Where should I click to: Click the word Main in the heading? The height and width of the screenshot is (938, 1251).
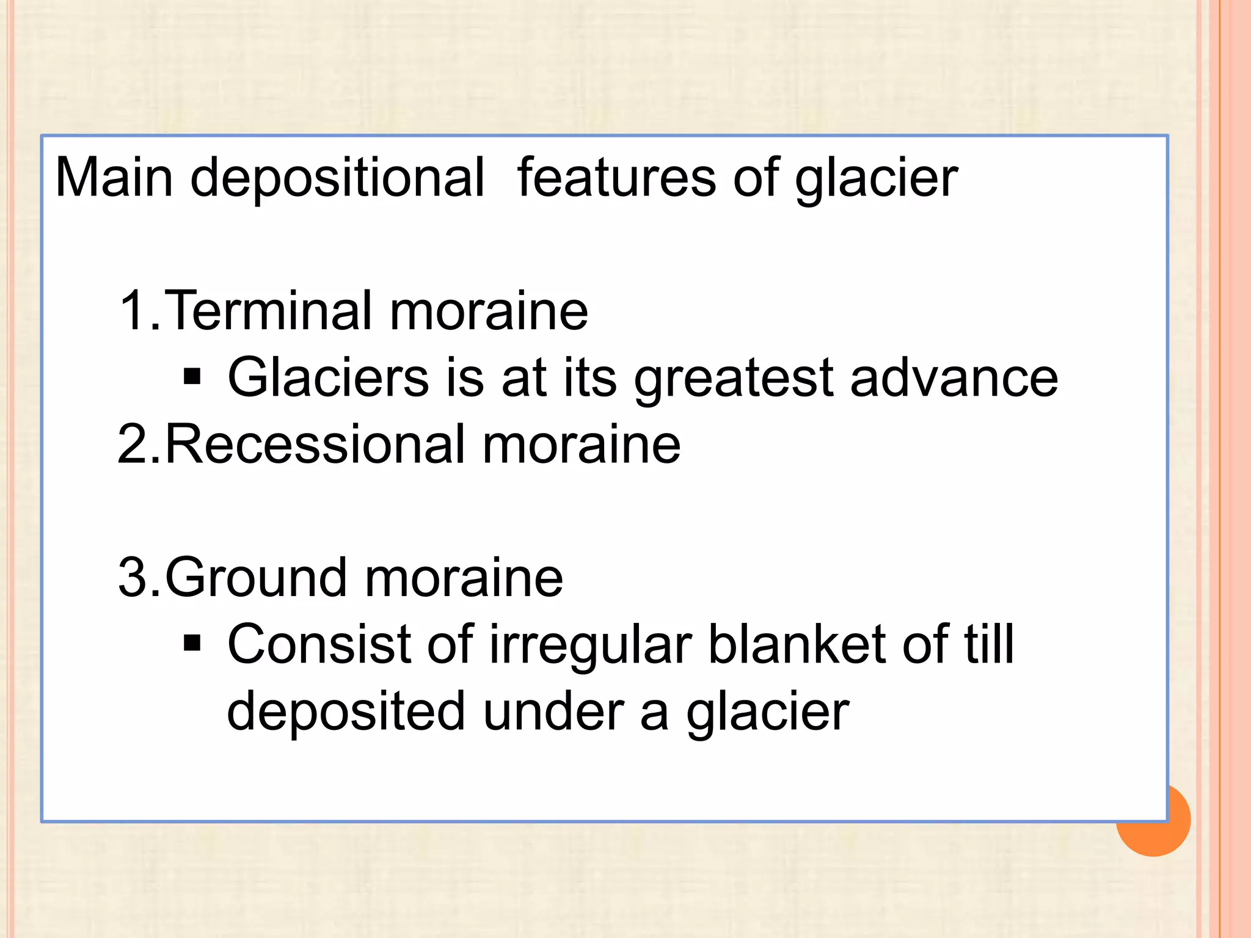tap(114, 178)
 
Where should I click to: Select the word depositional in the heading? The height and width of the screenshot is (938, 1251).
tap(338, 179)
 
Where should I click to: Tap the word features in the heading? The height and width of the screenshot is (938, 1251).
tap(616, 178)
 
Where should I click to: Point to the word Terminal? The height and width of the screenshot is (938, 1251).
tap(268, 311)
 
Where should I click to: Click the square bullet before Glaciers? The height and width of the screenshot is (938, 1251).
tap(192, 377)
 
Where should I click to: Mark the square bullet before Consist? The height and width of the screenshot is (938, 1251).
tap(192, 643)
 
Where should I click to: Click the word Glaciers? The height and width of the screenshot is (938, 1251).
tap(329, 377)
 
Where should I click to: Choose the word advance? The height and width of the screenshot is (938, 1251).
tap(954, 377)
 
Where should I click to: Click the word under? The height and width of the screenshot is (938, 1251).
tap(553, 711)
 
